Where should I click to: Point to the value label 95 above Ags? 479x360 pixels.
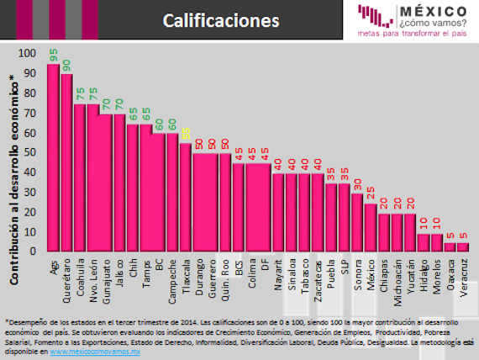click(53, 56)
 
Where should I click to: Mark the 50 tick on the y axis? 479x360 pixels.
click(31, 152)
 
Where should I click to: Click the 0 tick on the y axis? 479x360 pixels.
click(34, 251)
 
